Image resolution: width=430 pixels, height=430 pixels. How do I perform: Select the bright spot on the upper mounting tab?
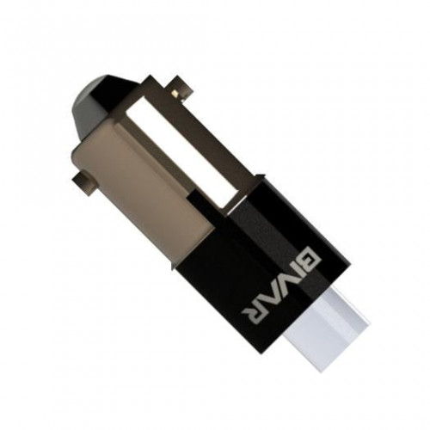pos(175,93)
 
